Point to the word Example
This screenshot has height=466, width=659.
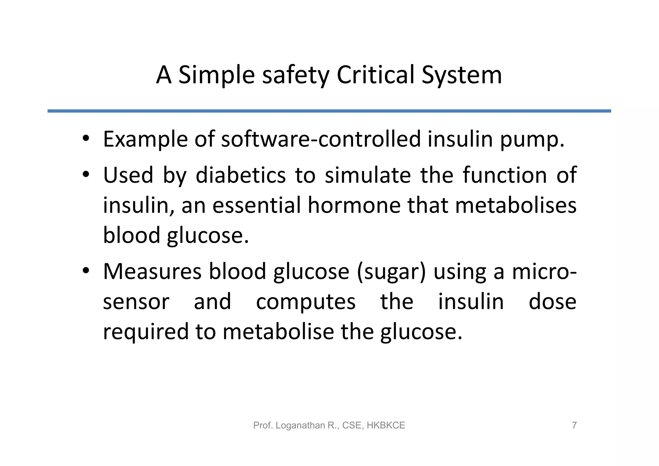pyautogui.click(x=145, y=139)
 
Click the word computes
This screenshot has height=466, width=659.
pyautogui.click(x=306, y=302)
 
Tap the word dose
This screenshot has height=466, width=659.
pyautogui.click(x=552, y=301)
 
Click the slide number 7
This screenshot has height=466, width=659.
pyautogui.click(x=574, y=425)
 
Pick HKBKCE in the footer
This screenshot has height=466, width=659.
pyautogui.click(x=385, y=425)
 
